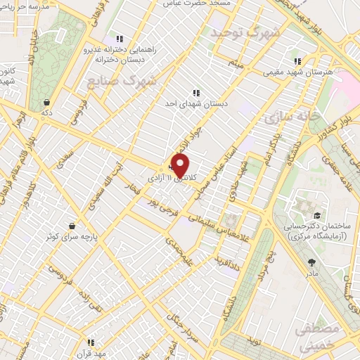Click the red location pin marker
(180, 165)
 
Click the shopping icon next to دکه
(46, 102)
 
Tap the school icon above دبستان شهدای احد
(195, 92)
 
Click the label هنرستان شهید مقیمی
(298, 72)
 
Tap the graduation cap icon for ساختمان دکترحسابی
(316, 216)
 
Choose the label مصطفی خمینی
(318, 337)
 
